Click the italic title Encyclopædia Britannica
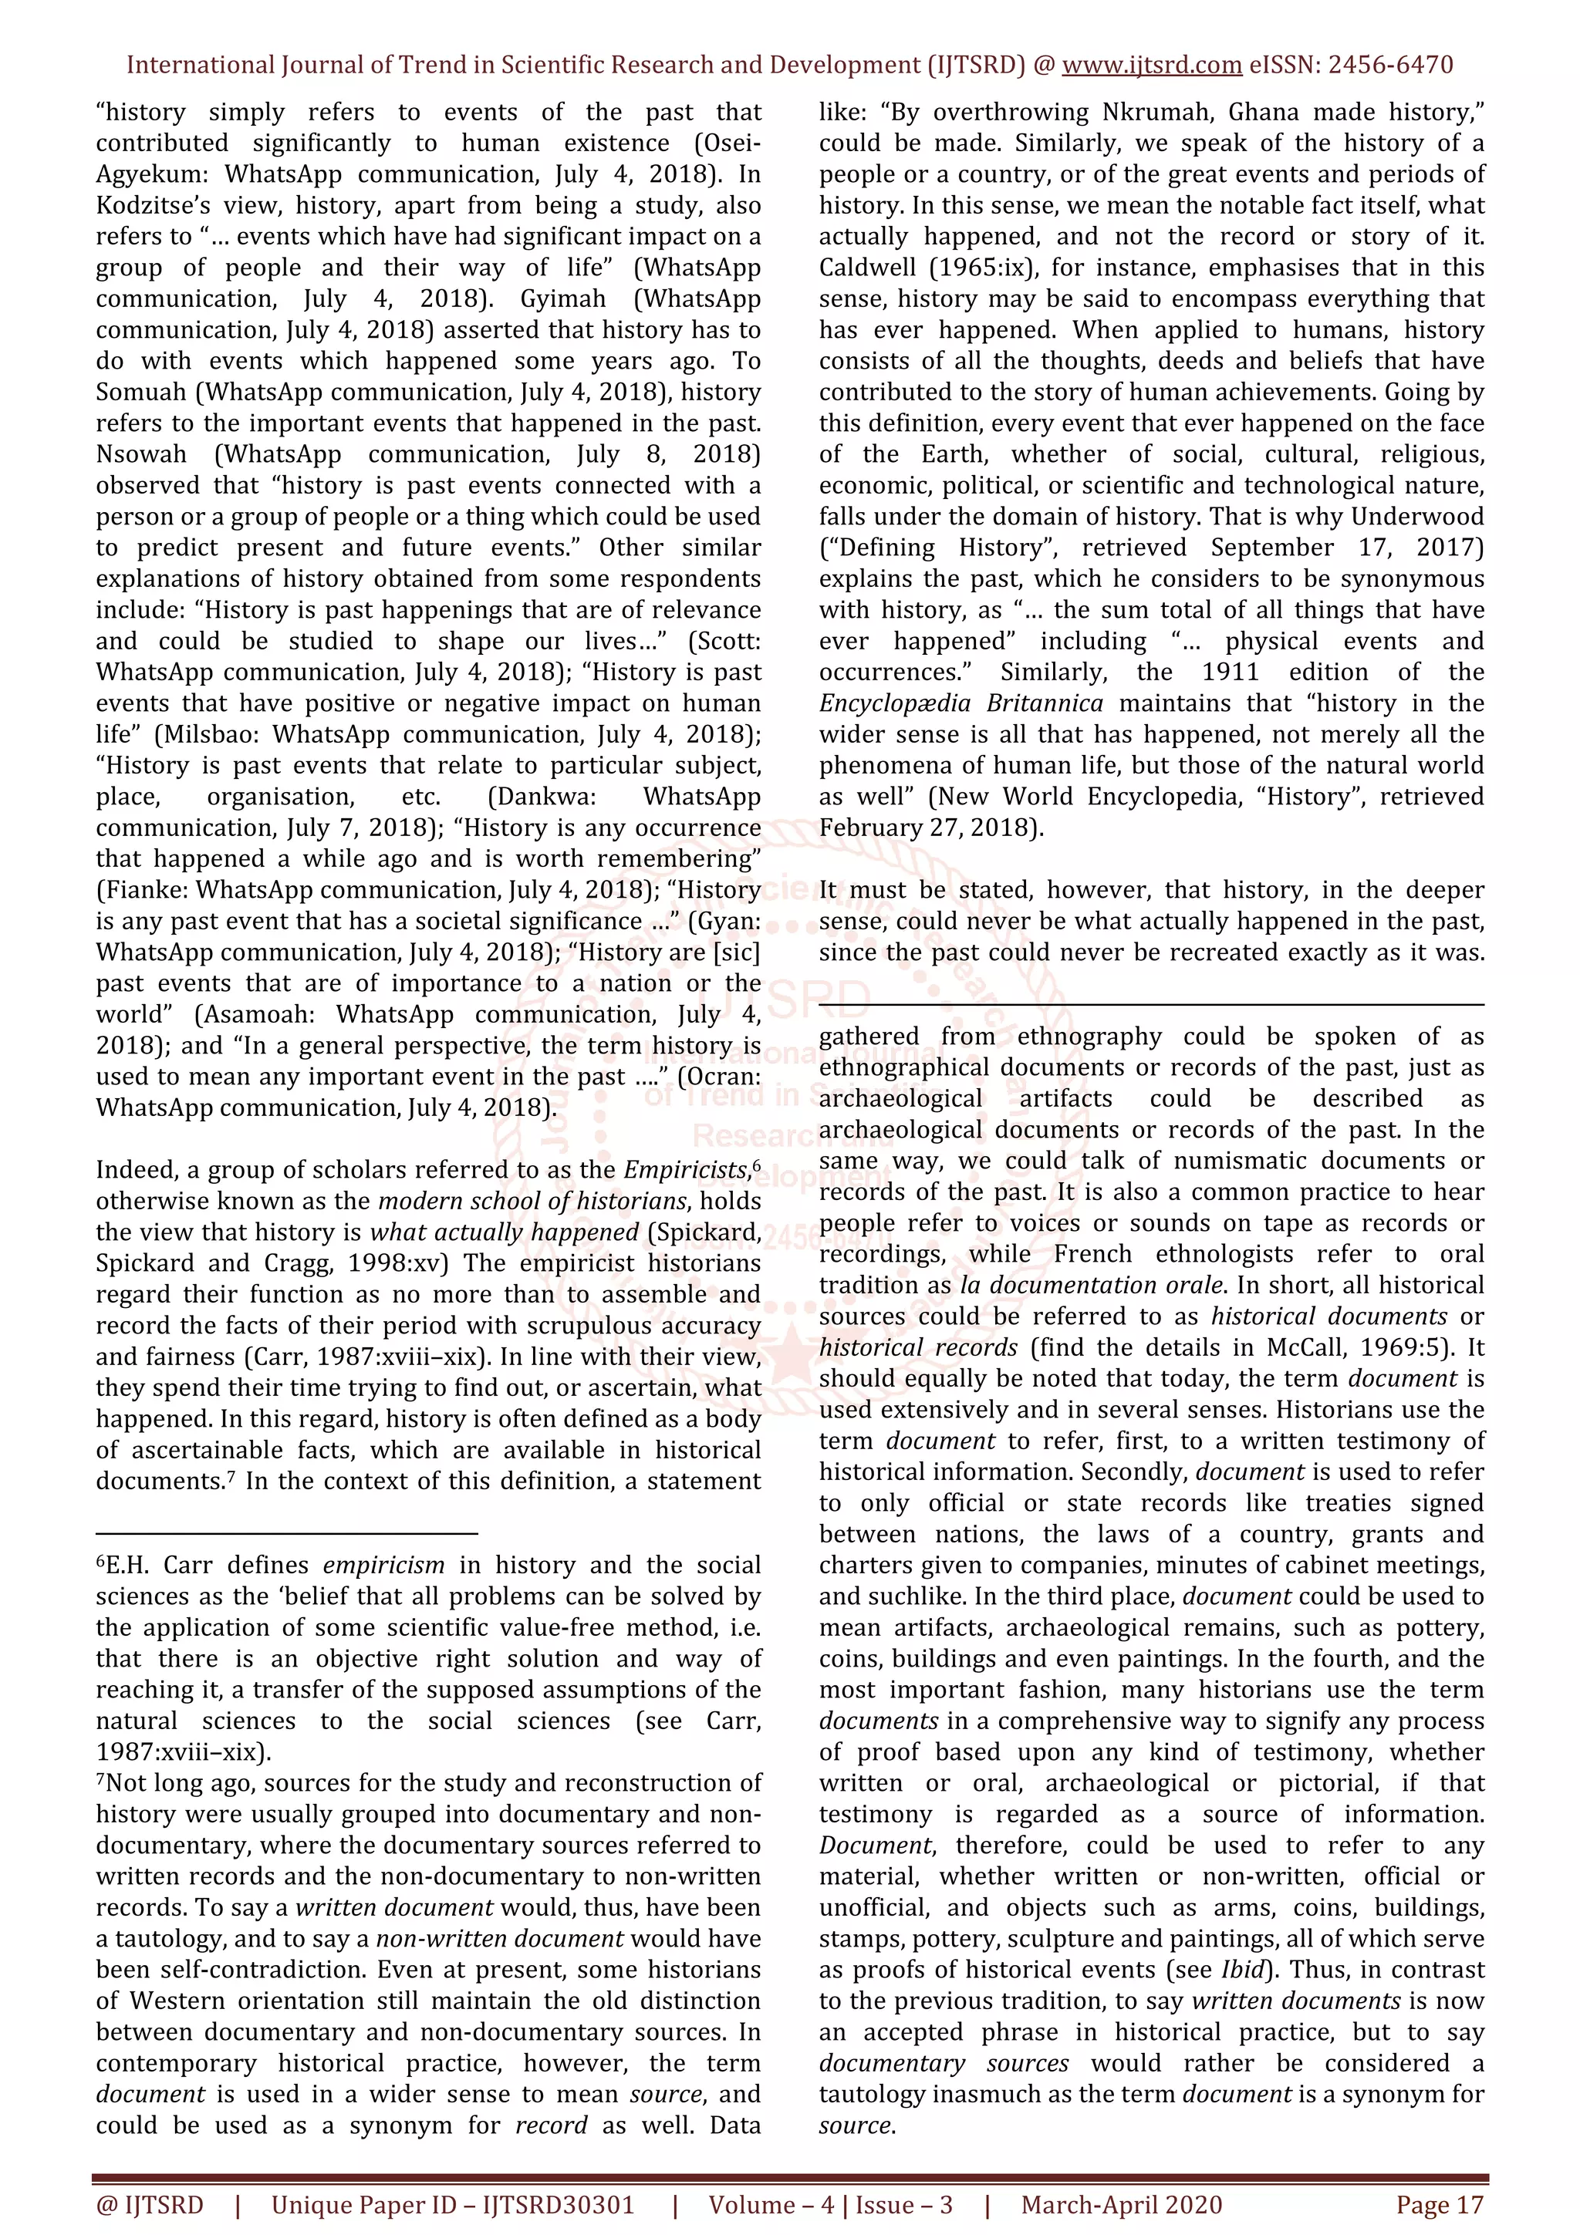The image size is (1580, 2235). click(x=960, y=704)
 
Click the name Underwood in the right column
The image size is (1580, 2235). click(x=1416, y=517)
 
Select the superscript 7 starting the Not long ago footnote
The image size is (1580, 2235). click(x=100, y=1779)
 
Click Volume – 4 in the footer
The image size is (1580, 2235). click(x=771, y=2205)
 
